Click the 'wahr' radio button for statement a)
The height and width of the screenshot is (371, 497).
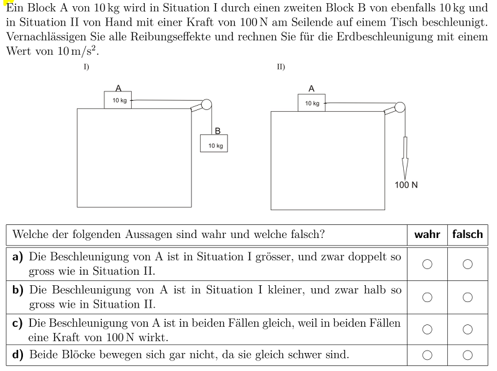[x=427, y=264]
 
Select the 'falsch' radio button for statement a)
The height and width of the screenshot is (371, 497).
[x=468, y=264]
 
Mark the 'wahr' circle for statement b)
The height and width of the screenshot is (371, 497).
[x=427, y=297]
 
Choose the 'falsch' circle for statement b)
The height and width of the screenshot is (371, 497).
[x=468, y=297]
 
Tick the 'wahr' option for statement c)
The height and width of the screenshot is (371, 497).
[x=427, y=329]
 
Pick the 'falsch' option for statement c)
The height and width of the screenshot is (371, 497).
[x=468, y=329]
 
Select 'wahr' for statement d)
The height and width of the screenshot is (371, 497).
[x=427, y=355]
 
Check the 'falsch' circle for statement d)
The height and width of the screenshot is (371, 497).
[x=468, y=355]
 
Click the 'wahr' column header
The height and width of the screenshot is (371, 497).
[x=427, y=234]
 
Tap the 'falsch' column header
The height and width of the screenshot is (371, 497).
[x=468, y=234]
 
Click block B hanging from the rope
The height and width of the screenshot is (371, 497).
[x=214, y=144]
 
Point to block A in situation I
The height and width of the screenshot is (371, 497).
[x=118, y=100]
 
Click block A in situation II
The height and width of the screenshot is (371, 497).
[x=312, y=103]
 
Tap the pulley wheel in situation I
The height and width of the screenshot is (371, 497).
[x=206, y=104]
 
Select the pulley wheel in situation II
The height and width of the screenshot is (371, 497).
[x=399, y=107]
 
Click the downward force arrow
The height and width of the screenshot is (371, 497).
[x=405, y=158]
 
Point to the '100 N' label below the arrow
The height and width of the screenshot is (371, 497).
[x=406, y=185]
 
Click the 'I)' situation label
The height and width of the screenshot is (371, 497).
[x=86, y=67]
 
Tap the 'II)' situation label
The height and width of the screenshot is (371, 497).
[x=281, y=67]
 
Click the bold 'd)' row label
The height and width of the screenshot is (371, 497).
[x=18, y=354]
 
